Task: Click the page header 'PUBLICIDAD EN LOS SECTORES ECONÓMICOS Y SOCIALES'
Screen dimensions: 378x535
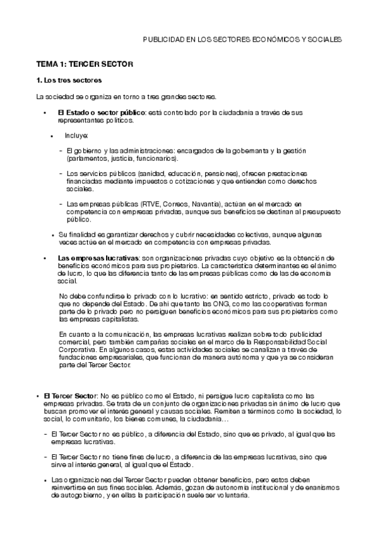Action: (x=242, y=39)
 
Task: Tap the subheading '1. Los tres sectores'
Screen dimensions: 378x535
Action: (x=69, y=81)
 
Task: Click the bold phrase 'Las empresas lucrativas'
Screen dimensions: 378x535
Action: (x=98, y=258)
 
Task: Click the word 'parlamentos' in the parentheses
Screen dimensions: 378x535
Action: (x=85, y=158)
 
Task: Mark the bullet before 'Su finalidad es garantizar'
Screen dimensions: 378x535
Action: (x=53, y=235)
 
